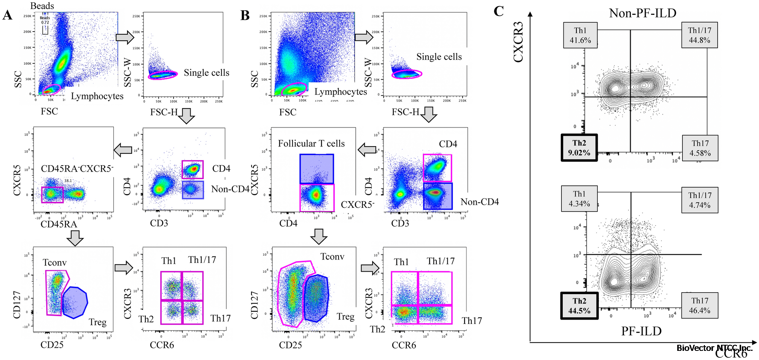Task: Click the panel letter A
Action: pyautogui.click(x=7, y=15)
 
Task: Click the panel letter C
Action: pyautogui.click(x=498, y=11)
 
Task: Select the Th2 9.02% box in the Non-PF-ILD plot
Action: pyautogui.click(x=579, y=148)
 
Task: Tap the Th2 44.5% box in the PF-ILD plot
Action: pyautogui.click(x=579, y=306)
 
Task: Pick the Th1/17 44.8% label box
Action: pyautogui.click(x=699, y=35)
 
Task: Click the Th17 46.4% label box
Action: pyautogui.click(x=700, y=305)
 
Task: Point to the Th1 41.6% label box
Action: pyautogui.click(x=580, y=35)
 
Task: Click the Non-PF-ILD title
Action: pyautogui.click(x=642, y=13)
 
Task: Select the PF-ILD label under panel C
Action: pyautogui.click(x=641, y=331)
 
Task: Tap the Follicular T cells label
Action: pyautogui.click(x=311, y=143)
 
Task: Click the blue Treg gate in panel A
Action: pyautogui.click(x=75, y=303)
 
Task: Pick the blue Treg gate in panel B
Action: pyautogui.click(x=316, y=298)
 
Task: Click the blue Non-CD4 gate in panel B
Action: pyautogui.click(x=438, y=196)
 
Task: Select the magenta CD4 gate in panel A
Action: pyautogui.click(x=193, y=169)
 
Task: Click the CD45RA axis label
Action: pyautogui.click(x=59, y=224)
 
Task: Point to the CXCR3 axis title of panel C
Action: pyautogui.click(x=519, y=42)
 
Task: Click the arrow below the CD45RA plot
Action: pyautogui.click(x=75, y=238)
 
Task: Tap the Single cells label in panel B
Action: pyautogui.click(x=439, y=57)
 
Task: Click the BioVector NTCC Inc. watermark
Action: pyautogui.click(x=714, y=348)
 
